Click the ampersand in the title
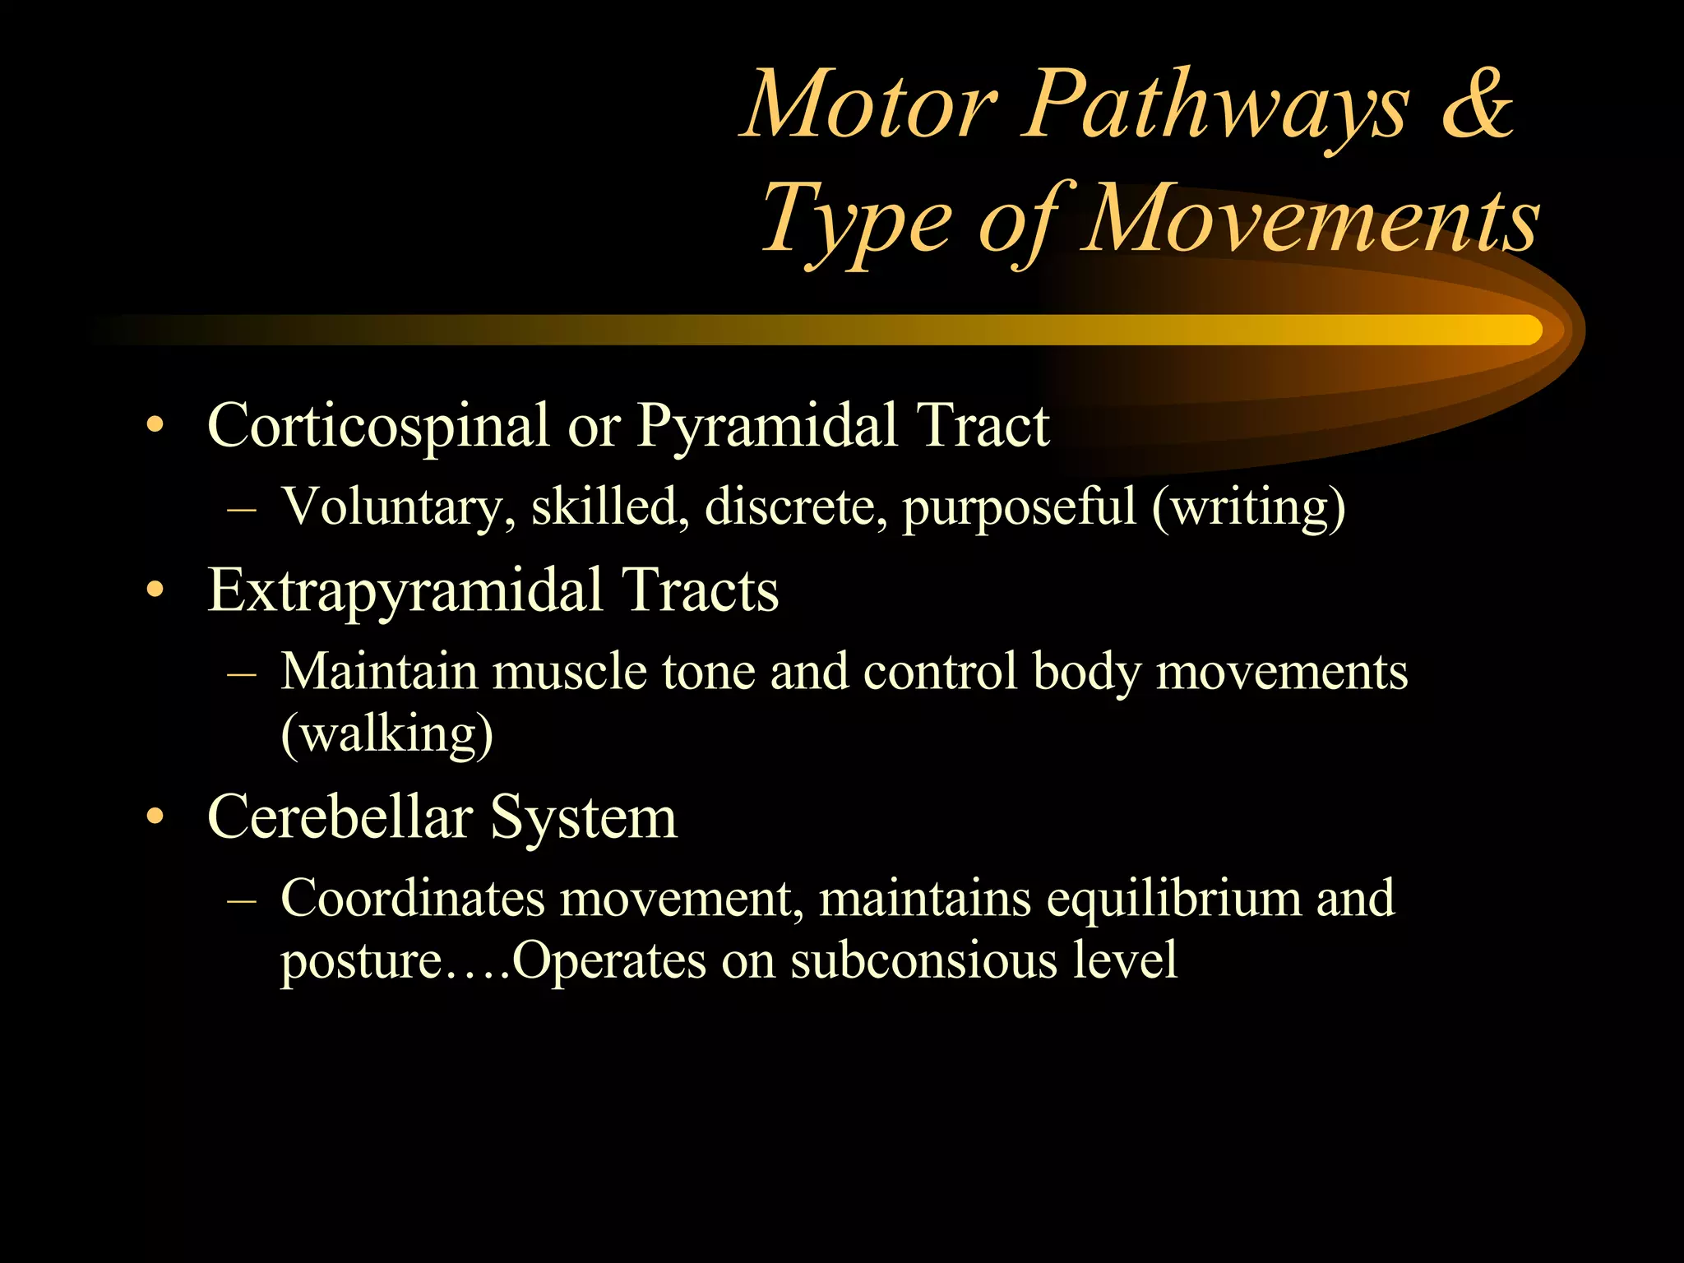click(1477, 104)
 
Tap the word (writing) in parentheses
click(1249, 507)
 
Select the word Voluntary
click(399, 507)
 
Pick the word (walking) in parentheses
click(387, 733)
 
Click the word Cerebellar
click(340, 817)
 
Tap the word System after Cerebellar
click(584, 817)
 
